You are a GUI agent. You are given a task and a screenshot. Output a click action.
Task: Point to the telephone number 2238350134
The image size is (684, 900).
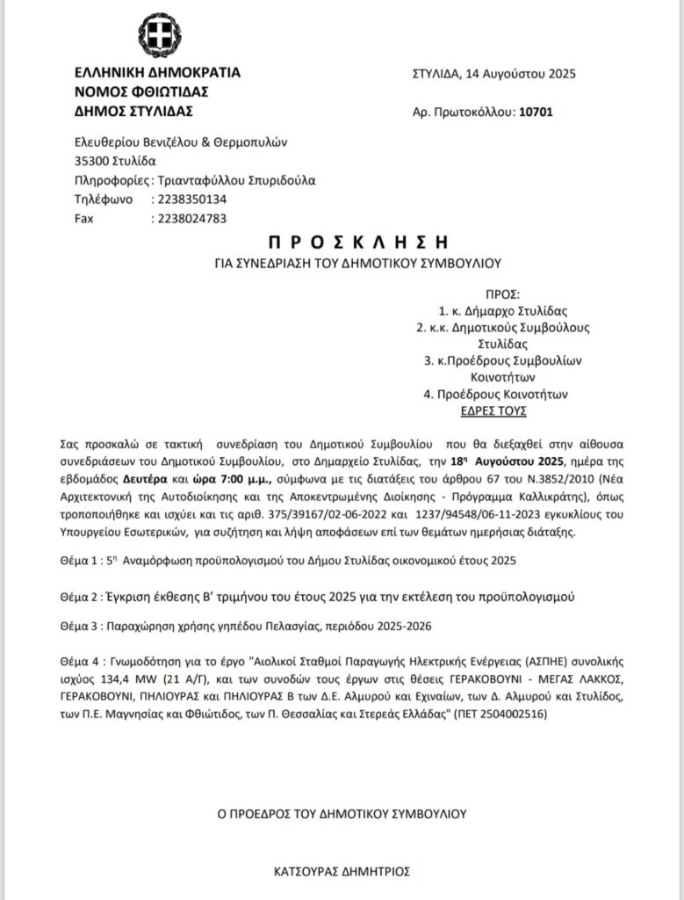click(190, 200)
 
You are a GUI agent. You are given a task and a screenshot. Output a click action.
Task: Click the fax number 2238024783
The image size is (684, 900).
click(190, 218)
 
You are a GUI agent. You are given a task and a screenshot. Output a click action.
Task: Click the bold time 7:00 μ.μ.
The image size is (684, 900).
click(239, 481)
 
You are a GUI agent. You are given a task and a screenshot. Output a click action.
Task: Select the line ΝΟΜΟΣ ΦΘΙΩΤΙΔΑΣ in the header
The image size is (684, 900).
click(140, 91)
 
